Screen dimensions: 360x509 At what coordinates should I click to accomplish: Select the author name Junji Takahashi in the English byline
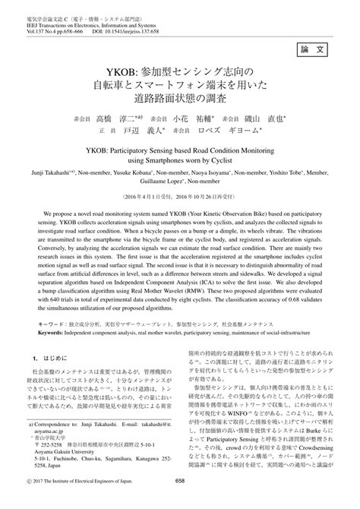coord(45,173)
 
